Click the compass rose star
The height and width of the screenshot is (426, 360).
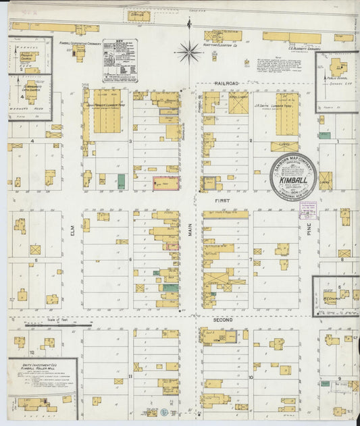[x=189, y=49]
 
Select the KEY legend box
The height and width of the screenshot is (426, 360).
[x=120, y=61]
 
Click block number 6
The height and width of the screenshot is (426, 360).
[x=130, y=259]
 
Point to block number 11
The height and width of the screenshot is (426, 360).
[x=130, y=376]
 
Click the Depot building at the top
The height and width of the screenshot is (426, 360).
[x=137, y=13]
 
